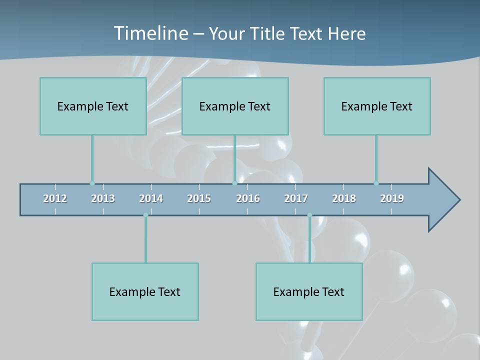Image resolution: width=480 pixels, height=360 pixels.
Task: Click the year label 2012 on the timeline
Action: click(x=55, y=198)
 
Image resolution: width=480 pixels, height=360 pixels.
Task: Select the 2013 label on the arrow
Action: click(x=103, y=198)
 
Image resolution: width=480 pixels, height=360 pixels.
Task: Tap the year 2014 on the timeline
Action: click(x=151, y=198)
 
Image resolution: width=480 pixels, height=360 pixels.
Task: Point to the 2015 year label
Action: click(x=199, y=198)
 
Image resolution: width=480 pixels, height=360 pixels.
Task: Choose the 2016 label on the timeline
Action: click(x=248, y=198)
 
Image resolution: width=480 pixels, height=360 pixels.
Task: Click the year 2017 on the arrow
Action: click(x=296, y=198)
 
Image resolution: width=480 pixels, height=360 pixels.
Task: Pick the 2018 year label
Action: click(x=344, y=198)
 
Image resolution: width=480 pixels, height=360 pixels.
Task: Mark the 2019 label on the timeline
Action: click(x=392, y=198)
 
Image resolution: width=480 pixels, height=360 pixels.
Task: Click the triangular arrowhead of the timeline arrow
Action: click(x=443, y=200)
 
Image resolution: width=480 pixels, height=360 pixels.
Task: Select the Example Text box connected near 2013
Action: click(x=93, y=106)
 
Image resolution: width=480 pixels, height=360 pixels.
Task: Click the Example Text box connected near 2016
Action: click(x=235, y=106)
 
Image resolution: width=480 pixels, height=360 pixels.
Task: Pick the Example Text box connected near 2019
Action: click(x=377, y=106)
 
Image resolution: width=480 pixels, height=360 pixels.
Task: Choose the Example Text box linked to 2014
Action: click(x=145, y=291)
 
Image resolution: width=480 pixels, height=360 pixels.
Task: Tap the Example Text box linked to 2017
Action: click(x=309, y=291)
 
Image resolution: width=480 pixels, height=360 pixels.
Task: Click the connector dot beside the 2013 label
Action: click(x=92, y=183)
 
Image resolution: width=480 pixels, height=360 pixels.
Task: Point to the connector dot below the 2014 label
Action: click(x=145, y=215)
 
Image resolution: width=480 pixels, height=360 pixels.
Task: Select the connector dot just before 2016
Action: click(x=234, y=183)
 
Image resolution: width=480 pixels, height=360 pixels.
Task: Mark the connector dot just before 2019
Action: click(x=376, y=183)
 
